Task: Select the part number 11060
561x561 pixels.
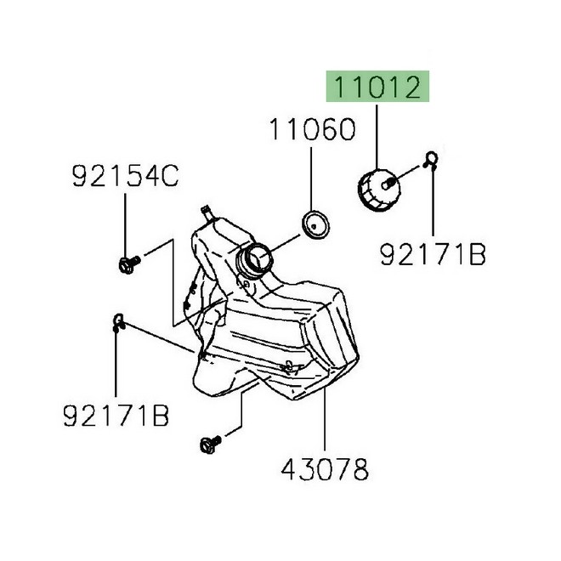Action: click(x=312, y=130)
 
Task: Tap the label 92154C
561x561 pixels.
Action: click(x=125, y=177)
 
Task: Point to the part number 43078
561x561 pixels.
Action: click(x=326, y=467)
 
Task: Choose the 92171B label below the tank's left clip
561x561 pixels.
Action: click(x=116, y=416)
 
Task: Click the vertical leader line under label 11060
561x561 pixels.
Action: click(x=312, y=178)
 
